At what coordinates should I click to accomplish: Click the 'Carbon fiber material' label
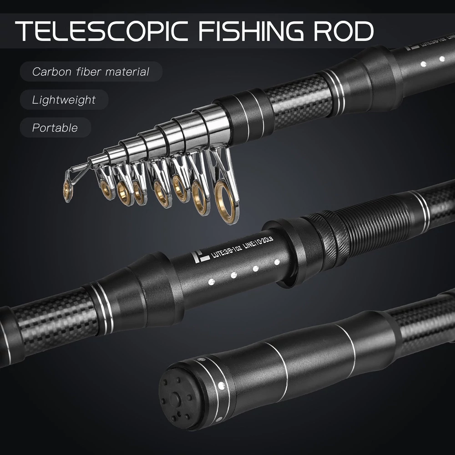click(x=91, y=71)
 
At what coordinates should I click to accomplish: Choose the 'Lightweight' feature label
click(x=64, y=100)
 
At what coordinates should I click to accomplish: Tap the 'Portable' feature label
click(x=55, y=127)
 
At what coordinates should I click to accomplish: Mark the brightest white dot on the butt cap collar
click(x=222, y=385)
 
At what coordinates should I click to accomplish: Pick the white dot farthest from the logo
click(x=277, y=262)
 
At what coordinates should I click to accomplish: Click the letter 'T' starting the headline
click(x=26, y=30)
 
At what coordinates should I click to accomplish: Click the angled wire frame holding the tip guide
click(x=77, y=171)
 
